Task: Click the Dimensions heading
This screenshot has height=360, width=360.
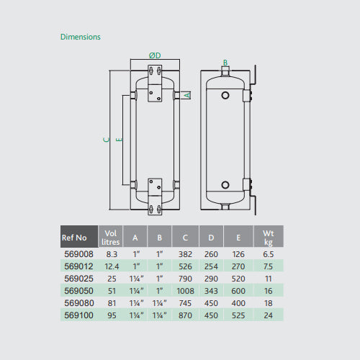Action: coord(81,37)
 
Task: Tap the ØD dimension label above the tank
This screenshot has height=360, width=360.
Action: coord(154,56)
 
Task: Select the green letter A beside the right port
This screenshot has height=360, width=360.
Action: coord(187,94)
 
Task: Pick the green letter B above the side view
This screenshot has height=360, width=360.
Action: coord(225,63)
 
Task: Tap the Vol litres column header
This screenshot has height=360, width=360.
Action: coord(110,236)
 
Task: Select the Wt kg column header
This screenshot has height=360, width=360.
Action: coord(268,236)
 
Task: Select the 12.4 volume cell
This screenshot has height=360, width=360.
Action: coord(110,266)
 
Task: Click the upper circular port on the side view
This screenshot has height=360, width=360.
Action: coord(225,95)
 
